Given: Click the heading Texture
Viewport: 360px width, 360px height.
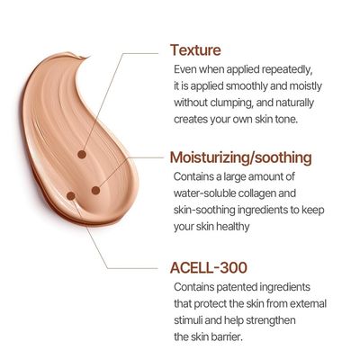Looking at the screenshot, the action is [195, 50].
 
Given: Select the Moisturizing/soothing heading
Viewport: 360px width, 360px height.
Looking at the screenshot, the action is [241, 157].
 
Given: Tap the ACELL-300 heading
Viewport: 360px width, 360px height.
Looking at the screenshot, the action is [209, 267].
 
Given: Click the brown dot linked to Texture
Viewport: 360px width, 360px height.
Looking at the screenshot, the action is [82, 155].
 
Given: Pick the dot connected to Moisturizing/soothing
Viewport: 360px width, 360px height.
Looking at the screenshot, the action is [95, 190].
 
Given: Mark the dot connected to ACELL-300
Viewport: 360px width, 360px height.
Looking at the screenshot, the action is [71, 196].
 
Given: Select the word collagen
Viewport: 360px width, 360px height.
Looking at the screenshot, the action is [258, 193].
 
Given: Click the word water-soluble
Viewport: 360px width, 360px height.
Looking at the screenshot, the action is [205, 193].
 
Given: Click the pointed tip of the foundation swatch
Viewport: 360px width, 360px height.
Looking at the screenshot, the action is [89, 57].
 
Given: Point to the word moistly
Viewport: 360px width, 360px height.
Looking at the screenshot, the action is [305, 86].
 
